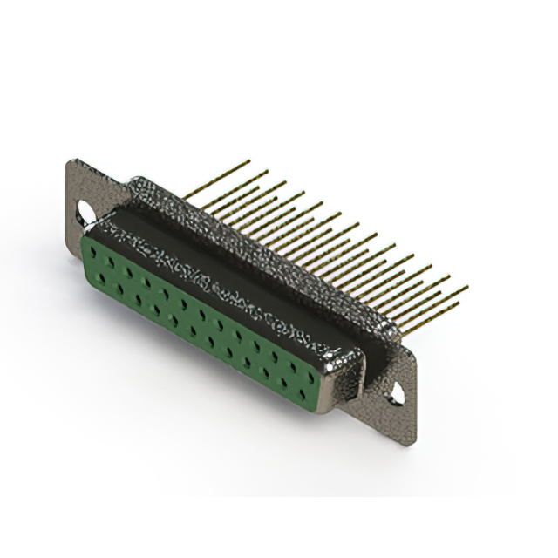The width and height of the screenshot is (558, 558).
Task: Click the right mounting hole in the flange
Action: click(397, 391)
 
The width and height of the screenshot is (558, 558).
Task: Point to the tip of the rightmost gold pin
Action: click(467, 286)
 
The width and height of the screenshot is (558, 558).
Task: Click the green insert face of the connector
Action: click(201, 323)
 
